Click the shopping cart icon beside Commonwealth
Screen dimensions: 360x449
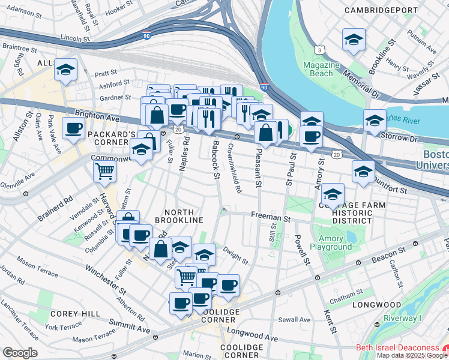pyautogui.click(x=104, y=171)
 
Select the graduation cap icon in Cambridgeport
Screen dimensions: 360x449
pyautogui.click(x=354, y=40)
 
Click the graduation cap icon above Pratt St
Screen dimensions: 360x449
pyautogui.click(x=65, y=69)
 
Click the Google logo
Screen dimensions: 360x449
pyautogui.click(x=20, y=353)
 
